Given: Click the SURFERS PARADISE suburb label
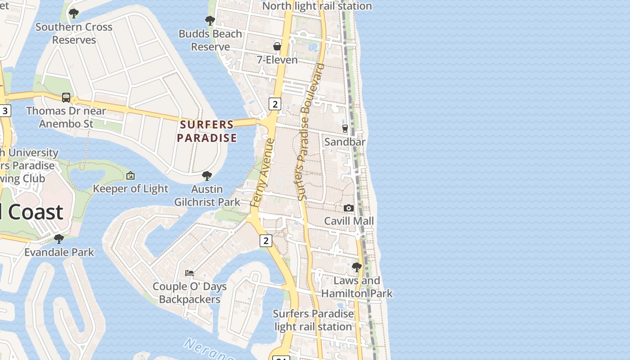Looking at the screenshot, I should point(207,131).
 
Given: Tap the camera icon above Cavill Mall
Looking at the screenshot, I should point(349,208).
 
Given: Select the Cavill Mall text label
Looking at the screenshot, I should point(349,221).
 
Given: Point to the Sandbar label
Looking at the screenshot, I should point(345,142).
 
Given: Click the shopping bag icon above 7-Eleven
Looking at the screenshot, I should point(277,46).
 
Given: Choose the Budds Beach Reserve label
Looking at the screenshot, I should point(210,40).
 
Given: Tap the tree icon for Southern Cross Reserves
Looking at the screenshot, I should point(74,13).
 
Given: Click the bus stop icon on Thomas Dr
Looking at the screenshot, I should point(66,97).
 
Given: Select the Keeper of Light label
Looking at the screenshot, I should point(130,189).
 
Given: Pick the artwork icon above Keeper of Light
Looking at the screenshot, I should point(130,175).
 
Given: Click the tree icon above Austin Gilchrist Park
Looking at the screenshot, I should point(207,175).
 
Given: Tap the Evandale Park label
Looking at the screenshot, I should point(59,252).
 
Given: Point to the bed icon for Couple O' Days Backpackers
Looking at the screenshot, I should point(189,273).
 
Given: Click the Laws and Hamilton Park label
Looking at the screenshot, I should point(357,287).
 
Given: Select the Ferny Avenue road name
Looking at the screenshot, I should point(263,173).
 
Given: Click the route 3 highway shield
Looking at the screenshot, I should point(5,111).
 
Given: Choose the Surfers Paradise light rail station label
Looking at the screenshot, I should point(313,320).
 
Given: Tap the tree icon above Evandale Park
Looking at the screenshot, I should point(59,238).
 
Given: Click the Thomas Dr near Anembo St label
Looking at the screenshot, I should point(66,117).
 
